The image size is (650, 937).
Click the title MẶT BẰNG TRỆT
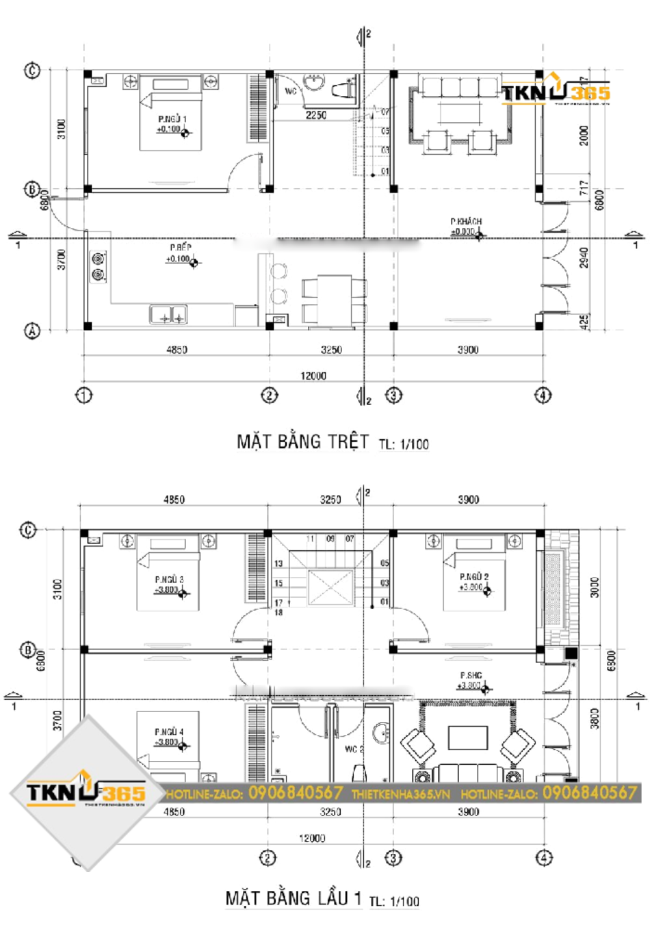302,442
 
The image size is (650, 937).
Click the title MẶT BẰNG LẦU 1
293,899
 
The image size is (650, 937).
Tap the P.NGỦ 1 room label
172,119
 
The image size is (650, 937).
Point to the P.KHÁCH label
466,222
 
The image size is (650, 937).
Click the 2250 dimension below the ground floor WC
316,115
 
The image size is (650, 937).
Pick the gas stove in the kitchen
98,266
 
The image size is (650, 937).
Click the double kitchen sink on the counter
168,315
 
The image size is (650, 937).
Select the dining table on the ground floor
334,299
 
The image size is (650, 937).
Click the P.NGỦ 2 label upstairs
474,576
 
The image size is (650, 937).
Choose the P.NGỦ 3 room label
169,579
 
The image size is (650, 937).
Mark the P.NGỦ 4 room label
169,732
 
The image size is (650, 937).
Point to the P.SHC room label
471,676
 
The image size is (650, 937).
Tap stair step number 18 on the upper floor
279,613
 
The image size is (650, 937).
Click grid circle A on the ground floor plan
32,331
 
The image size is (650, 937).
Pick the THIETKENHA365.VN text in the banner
400,794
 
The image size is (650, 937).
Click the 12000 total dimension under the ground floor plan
313,376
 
